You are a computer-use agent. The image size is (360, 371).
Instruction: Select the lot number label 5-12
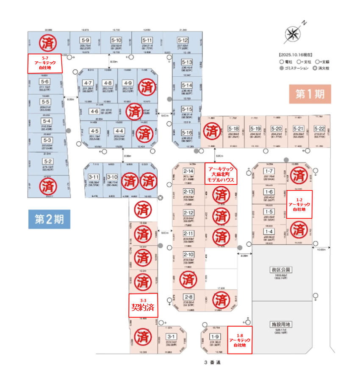[x=183, y=40]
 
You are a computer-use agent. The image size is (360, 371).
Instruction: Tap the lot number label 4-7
[x=88, y=83]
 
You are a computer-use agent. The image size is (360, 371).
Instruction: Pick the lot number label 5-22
[x=320, y=129]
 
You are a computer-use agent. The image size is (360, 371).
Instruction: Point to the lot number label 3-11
[x=94, y=177]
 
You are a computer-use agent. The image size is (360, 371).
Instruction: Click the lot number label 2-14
[x=188, y=171]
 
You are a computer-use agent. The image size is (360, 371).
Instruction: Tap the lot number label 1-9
[x=214, y=337]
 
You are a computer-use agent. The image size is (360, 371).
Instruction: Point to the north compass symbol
[x=293, y=33]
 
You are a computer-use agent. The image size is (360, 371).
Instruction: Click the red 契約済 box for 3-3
[x=143, y=305]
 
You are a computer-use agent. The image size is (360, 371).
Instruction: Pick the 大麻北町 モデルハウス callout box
[x=220, y=173]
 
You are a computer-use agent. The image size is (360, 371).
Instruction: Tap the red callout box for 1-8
[x=240, y=340]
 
